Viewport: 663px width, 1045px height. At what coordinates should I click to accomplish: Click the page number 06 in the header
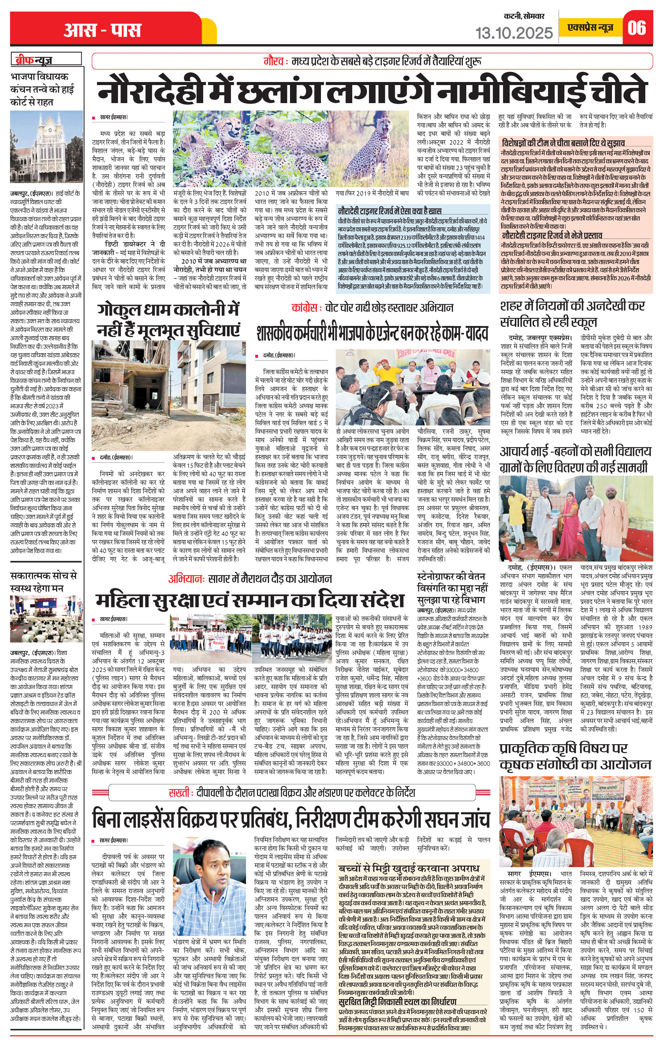pyautogui.click(x=636, y=28)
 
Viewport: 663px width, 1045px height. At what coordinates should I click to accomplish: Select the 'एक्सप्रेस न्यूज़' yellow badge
pyautogui.click(x=591, y=28)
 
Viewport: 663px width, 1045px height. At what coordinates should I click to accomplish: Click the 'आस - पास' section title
pyautogui.click(x=102, y=30)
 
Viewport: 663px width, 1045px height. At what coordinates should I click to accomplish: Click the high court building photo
pyautogui.click(x=47, y=147)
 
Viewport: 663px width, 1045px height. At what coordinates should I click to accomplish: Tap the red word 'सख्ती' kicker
pyautogui.click(x=179, y=793)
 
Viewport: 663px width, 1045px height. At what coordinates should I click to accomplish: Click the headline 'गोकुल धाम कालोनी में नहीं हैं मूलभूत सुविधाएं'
pyautogui.click(x=168, y=320)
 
